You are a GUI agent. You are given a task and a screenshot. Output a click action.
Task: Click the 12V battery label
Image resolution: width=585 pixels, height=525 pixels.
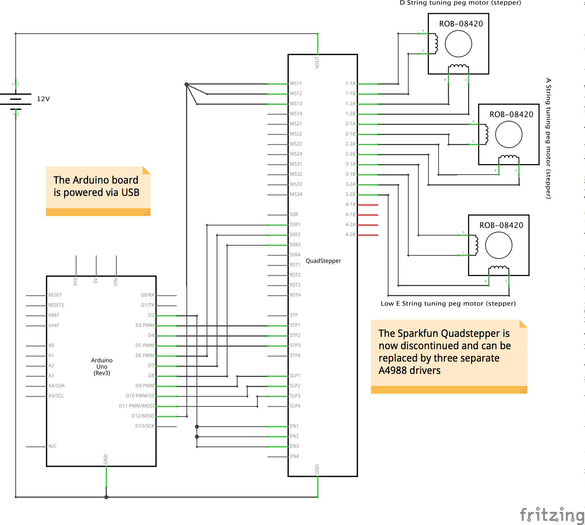click(x=43, y=99)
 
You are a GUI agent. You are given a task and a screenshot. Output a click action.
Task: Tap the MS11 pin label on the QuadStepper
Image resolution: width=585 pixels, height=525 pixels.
click(x=296, y=83)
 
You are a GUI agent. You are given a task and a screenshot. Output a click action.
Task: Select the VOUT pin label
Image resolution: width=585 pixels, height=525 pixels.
click(x=317, y=62)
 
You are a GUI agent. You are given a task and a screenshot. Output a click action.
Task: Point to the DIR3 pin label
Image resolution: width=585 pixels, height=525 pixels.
click(x=295, y=245)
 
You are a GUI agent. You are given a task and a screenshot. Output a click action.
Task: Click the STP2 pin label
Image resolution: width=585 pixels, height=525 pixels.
click(x=295, y=335)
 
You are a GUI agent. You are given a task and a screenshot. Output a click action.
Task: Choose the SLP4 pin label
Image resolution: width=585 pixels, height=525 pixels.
click(x=295, y=406)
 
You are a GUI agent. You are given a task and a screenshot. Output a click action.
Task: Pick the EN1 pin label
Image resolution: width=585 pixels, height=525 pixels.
click(x=294, y=426)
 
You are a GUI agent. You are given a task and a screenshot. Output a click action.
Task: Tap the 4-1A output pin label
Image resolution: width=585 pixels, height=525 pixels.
click(x=350, y=205)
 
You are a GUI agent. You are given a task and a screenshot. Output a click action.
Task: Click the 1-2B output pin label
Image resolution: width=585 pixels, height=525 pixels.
click(x=350, y=114)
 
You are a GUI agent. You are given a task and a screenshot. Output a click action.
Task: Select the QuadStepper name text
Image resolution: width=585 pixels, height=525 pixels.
click(x=323, y=261)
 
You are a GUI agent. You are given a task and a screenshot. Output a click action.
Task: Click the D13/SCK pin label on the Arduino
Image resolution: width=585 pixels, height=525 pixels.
click(x=145, y=426)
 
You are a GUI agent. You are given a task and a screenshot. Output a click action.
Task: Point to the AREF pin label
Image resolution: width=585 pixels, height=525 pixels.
click(x=54, y=315)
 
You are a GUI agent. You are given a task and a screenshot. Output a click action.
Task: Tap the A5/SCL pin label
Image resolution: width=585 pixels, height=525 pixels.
click(x=56, y=396)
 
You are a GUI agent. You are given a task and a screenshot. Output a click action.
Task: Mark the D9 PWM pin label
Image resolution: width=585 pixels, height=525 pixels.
click(x=145, y=386)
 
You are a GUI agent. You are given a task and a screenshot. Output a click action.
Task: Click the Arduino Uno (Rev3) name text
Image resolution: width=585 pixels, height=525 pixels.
click(x=102, y=366)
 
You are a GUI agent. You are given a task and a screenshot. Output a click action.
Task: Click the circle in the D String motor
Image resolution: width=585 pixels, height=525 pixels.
click(x=458, y=44)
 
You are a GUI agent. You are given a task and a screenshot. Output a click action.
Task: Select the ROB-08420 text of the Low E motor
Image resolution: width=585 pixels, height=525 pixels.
click(x=501, y=225)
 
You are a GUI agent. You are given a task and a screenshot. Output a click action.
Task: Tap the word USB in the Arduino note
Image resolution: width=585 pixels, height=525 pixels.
click(x=130, y=193)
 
